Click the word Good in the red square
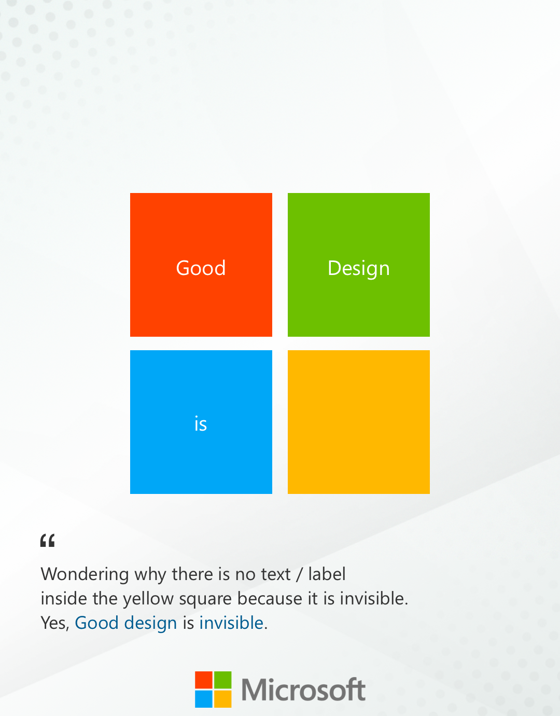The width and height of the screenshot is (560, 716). click(x=201, y=268)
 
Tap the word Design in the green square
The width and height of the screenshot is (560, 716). click(x=358, y=269)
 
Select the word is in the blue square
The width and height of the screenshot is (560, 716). click(x=201, y=424)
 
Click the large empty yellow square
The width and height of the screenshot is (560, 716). click(x=358, y=422)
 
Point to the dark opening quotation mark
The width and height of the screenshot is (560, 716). click(x=47, y=541)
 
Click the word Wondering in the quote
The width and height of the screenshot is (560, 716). click(x=85, y=575)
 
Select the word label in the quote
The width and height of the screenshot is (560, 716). click(x=327, y=574)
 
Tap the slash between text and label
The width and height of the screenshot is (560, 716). click(x=299, y=575)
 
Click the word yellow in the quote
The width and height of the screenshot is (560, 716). click(x=148, y=599)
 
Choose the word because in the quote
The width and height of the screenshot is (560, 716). click(x=270, y=598)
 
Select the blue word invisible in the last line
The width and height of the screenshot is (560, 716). click(x=231, y=623)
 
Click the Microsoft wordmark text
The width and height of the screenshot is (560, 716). click(x=303, y=690)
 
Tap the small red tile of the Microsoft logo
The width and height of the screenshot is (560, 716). click(x=203, y=680)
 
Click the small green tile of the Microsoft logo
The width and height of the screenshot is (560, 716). click(x=223, y=680)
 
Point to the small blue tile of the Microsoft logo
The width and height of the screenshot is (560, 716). click(x=203, y=699)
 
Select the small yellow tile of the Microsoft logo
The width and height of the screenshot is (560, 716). click(x=223, y=699)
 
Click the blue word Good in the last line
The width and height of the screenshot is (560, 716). click(x=97, y=623)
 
